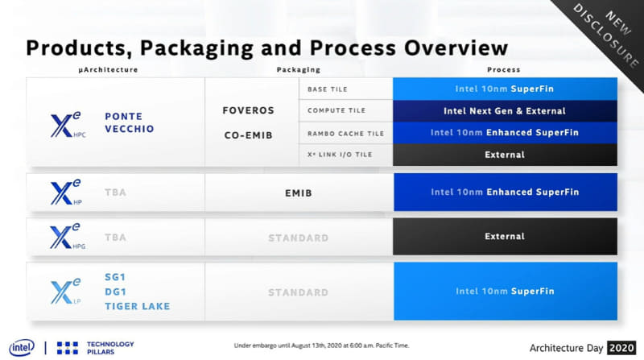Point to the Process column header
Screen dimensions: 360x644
pos(504,70)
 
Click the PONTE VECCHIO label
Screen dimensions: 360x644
pos(129,123)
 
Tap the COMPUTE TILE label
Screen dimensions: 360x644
pos(335,110)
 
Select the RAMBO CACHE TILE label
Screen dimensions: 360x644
pos(344,133)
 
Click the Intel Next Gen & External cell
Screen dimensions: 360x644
pos(505,110)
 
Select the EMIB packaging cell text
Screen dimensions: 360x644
pos(297,192)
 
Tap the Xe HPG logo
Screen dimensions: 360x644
pos(67,237)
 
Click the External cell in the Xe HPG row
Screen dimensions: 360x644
pos(505,237)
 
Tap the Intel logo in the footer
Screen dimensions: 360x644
pos(21,347)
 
